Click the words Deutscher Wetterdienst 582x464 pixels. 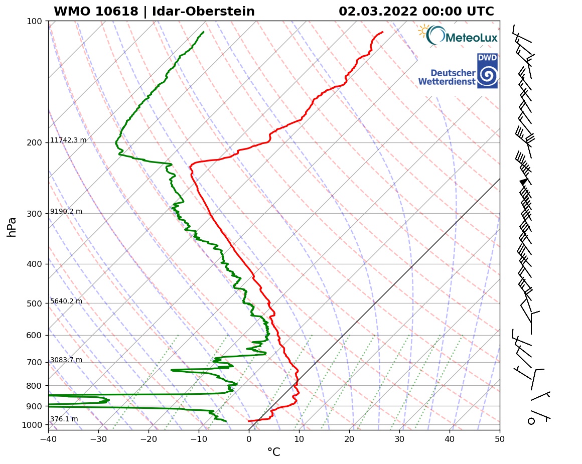click(447, 77)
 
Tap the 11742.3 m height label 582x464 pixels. click(68, 140)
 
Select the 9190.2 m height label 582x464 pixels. click(66, 212)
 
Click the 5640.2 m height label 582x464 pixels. click(66, 301)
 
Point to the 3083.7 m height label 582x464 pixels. click(66, 360)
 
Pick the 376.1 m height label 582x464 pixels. click(64, 419)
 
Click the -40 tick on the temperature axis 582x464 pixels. click(48, 440)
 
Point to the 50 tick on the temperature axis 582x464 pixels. click(500, 440)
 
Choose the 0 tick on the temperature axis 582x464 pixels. click(249, 440)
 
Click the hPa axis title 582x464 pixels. click(12, 227)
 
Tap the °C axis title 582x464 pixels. click(273, 452)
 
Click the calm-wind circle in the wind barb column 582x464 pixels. click(531, 421)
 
